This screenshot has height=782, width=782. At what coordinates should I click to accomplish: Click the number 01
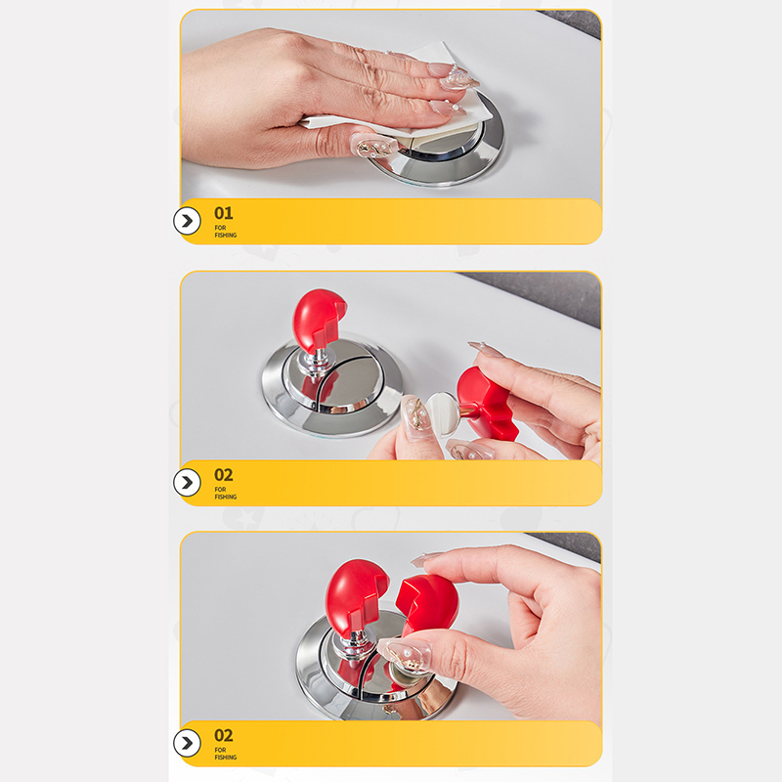(224, 213)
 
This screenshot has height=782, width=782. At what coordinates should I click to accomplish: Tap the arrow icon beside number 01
(187, 221)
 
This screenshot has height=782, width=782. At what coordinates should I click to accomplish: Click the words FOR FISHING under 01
(226, 232)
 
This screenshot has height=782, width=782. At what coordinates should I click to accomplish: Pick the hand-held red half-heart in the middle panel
(486, 403)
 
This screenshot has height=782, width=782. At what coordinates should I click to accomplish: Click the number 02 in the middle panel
(224, 475)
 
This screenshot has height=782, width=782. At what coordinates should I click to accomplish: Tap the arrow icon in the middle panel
(187, 482)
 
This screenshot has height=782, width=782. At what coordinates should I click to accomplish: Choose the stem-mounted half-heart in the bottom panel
(355, 598)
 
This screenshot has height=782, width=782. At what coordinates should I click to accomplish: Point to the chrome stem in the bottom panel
(355, 648)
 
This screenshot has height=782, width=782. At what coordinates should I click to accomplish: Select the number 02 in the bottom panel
(224, 736)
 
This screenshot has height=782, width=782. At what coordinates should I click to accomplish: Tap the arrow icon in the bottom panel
(187, 743)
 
